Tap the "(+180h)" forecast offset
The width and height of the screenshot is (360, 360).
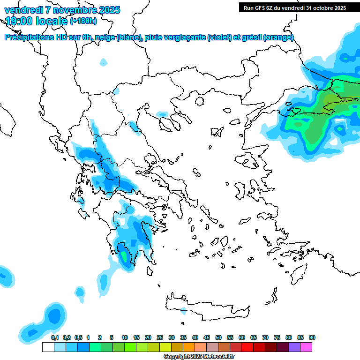(83, 21)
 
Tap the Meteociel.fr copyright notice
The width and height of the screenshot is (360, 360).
(199, 357)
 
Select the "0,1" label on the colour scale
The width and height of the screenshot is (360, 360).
(55, 337)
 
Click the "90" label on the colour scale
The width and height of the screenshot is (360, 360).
(312, 337)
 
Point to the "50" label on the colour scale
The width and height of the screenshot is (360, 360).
(218, 337)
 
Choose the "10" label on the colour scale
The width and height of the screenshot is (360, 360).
(125, 337)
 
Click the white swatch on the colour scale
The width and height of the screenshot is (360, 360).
(48, 347)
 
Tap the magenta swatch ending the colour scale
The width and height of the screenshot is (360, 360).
(306, 347)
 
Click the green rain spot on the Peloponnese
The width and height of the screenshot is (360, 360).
(124, 256)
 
